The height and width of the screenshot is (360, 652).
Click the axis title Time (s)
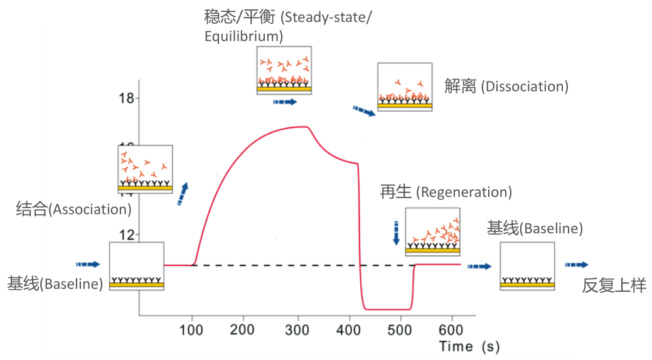pyautogui.click(x=469, y=346)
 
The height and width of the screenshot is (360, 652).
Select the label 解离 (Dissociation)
pyautogui.click(x=506, y=87)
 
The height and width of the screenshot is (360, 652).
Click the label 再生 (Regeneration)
pyautogui.click(x=446, y=191)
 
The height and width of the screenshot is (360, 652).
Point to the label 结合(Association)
pyautogui.click(x=73, y=209)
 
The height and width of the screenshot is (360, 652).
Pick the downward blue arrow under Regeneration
pyautogui.click(x=396, y=233)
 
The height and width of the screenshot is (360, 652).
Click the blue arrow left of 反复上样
pyautogui.click(x=576, y=265)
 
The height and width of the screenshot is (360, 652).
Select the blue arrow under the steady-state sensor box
pyautogui.click(x=284, y=102)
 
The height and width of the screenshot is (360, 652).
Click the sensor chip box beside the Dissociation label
pyautogui.click(x=404, y=87)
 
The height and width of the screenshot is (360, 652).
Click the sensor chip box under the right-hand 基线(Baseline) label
pyautogui.click(x=526, y=266)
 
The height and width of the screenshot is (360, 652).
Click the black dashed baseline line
pyautogui.click(x=276, y=265)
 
